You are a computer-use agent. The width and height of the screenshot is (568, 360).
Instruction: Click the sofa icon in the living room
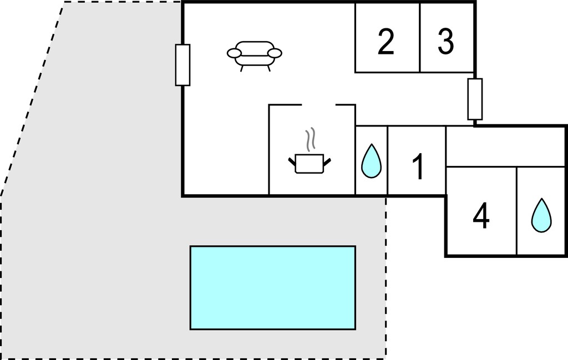click(x=254, y=55)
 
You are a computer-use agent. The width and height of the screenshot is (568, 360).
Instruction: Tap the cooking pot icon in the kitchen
click(x=310, y=164)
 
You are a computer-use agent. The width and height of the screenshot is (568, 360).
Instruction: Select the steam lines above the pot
click(x=310, y=139)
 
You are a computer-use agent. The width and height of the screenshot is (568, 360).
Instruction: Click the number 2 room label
click(x=386, y=42)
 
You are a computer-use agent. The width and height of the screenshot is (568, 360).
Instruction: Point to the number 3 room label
click(x=445, y=42)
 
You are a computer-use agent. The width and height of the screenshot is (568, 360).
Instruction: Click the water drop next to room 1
click(x=371, y=161)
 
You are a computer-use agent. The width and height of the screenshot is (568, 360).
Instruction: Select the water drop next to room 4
click(x=541, y=215)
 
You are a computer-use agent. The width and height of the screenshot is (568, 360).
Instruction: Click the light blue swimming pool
click(x=273, y=287)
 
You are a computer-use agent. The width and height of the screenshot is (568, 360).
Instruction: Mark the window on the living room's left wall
click(x=182, y=65)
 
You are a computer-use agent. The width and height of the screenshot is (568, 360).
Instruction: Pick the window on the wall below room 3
click(x=475, y=99)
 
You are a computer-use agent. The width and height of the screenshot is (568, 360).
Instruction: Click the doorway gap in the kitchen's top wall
click(x=319, y=105)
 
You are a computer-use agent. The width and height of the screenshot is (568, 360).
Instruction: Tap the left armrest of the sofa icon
click(x=235, y=53)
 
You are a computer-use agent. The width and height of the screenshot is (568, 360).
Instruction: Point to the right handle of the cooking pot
click(x=327, y=163)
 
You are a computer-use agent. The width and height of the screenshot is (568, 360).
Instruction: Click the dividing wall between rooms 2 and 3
click(x=420, y=38)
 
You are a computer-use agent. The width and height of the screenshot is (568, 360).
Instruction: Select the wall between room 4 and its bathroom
click(x=516, y=211)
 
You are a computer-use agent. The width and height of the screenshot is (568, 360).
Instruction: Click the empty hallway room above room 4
click(x=506, y=146)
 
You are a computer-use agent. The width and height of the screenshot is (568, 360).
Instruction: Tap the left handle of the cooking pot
click(x=292, y=163)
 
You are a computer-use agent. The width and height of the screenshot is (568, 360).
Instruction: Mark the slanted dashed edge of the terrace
click(x=32, y=99)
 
